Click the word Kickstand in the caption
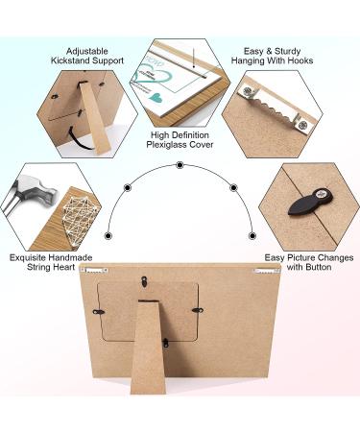coord(71,60)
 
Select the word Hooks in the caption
coord(300,60)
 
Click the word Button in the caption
coord(317,267)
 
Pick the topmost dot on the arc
coord(180,165)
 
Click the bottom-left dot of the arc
coord(108,236)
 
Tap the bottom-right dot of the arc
coord(252,236)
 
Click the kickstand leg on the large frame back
coord(149,347)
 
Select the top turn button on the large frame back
coord(144,281)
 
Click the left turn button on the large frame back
coord(99,311)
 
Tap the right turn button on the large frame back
coord(198,310)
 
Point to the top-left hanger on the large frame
coord(94,270)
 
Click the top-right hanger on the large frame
coord(266,272)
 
